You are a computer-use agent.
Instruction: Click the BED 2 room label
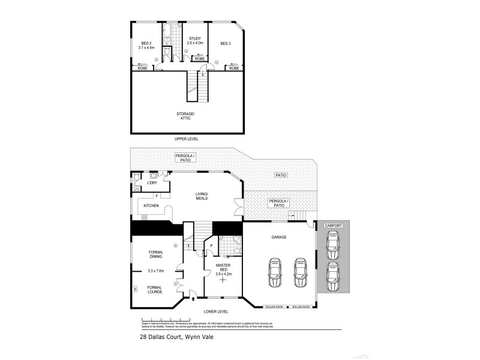[x=146, y=43]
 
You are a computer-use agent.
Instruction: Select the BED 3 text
[x=225, y=44]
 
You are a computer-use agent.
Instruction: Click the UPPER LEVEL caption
[x=186, y=139]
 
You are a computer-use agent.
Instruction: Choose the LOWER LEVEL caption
[x=216, y=311]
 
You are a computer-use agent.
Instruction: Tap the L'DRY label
[x=144, y=183]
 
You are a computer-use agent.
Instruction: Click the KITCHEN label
[x=151, y=206]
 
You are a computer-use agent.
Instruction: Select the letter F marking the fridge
[x=157, y=196]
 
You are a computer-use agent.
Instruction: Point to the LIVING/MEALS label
[x=201, y=196]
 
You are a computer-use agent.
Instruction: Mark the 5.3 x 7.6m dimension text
[x=156, y=271]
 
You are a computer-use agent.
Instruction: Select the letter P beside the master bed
[x=211, y=245]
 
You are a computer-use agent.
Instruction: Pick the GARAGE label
[x=278, y=238]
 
